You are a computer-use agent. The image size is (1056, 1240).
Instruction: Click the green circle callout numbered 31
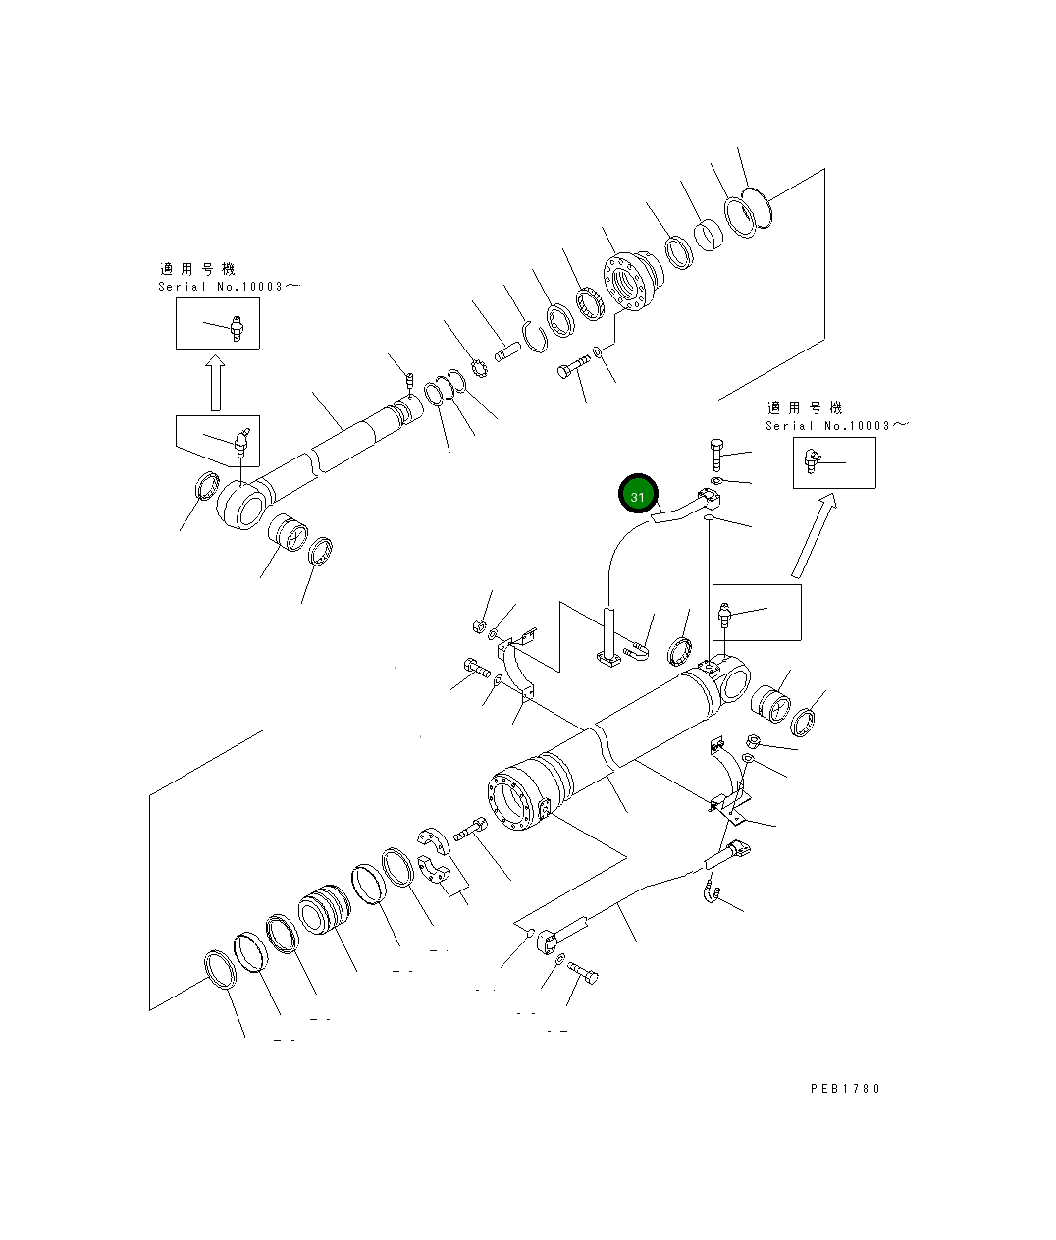coord(637,496)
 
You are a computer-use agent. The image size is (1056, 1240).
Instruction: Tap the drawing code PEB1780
coord(845,1089)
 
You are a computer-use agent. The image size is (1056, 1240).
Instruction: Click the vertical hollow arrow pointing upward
coord(215,383)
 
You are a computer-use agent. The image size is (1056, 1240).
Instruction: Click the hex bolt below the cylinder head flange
coord(572,370)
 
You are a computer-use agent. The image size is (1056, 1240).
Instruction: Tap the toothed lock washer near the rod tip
coord(480,370)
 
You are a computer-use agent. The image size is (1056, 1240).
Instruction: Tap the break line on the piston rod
coord(316,461)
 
